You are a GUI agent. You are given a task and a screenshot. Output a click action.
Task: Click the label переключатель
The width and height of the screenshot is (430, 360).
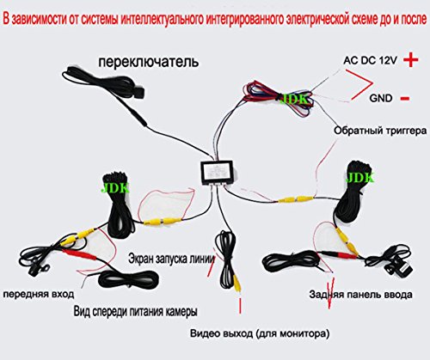point(148,62)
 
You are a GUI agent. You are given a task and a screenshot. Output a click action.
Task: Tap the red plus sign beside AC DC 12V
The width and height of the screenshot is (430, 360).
point(410,60)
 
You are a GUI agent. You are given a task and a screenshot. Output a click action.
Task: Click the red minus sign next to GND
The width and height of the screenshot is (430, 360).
point(405,99)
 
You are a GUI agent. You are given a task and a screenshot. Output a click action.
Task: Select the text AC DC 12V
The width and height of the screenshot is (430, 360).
point(370,60)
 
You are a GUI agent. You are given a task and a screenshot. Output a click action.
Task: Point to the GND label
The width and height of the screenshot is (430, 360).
point(381,98)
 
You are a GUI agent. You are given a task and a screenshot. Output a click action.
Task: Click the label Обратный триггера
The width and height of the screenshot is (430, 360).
point(380,131)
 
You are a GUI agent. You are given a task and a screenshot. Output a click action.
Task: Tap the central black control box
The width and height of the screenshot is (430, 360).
point(218,171)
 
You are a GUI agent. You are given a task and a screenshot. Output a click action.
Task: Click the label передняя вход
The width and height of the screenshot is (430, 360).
point(39,294)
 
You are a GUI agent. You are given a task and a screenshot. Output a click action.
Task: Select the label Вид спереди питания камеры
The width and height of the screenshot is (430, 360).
point(135,312)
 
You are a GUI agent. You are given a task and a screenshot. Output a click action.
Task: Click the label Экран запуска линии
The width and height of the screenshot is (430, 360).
point(171,259)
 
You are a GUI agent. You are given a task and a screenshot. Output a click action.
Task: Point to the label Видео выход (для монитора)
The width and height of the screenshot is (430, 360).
point(260,333)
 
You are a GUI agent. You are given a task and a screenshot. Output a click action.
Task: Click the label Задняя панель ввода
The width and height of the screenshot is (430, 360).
point(360,295)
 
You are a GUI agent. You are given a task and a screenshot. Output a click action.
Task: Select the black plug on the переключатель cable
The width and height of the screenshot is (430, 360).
point(138,92)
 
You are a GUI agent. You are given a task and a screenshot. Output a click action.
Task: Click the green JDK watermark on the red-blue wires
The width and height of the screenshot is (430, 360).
point(293,99)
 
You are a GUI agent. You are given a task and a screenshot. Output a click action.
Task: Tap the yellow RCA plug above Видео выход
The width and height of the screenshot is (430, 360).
point(237,283)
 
